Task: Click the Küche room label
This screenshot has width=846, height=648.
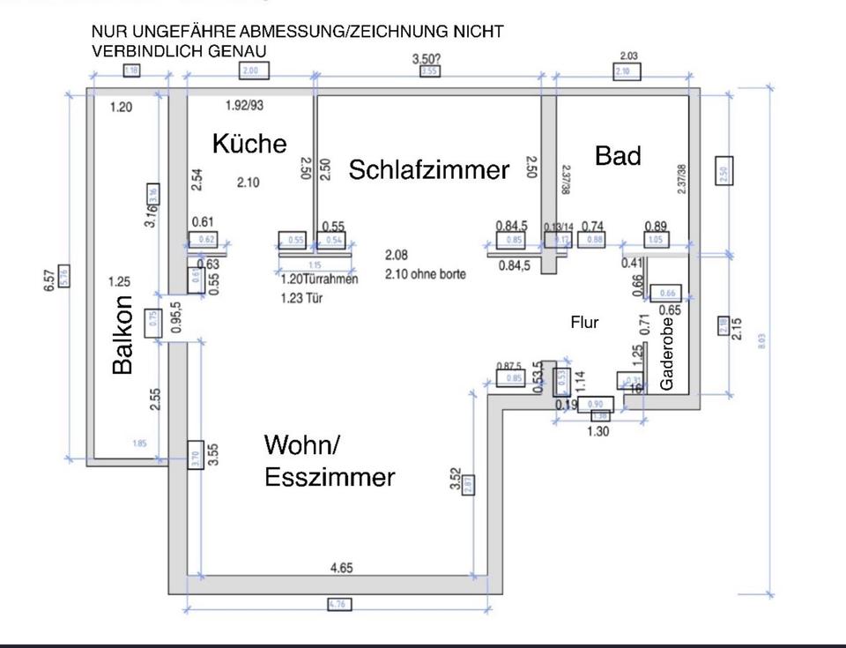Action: (x=249, y=144)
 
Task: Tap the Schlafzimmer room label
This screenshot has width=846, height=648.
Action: (x=429, y=170)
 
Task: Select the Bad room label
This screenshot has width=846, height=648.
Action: (x=618, y=156)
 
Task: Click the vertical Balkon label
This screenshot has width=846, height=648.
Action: (x=123, y=334)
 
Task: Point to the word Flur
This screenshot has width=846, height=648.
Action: (x=584, y=323)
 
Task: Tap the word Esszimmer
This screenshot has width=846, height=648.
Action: (x=329, y=478)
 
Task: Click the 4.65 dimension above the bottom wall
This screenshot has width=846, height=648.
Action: (x=341, y=569)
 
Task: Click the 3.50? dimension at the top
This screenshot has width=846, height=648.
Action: (x=429, y=58)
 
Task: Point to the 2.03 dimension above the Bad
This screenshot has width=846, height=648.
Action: (x=628, y=56)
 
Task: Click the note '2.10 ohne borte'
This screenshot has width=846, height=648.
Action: (x=425, y=274)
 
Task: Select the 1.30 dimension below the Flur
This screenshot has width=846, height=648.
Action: (x=597, y=431)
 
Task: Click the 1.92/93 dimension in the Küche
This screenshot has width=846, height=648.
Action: (x=244, y=106)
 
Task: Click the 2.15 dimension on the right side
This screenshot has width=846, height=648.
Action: (x=738, y=327)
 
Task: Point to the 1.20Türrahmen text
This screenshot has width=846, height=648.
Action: (x=319, y=280)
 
